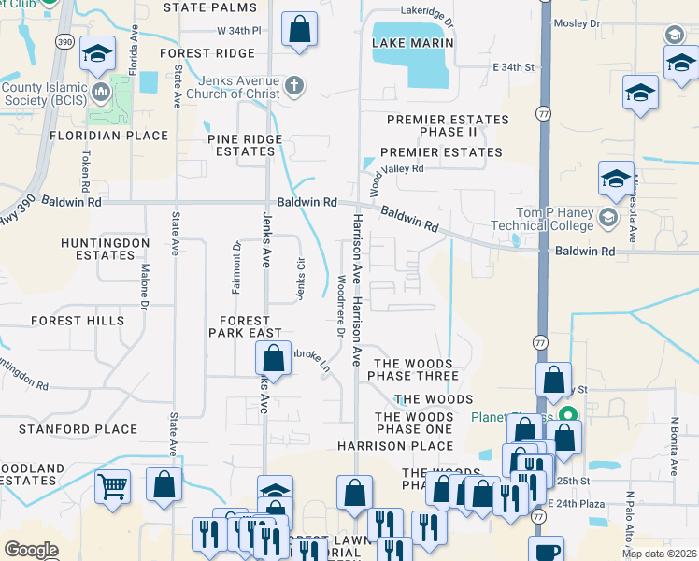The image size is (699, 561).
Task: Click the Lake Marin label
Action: click(412, 43)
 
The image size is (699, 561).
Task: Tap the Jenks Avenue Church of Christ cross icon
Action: click(294, 87)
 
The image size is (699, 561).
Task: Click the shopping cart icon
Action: click(112, 485)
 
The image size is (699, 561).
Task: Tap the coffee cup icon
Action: click(549, 551)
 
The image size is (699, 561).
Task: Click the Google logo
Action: click(31, 550)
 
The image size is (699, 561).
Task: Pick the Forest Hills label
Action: click(77, 320)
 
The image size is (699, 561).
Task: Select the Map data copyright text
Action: click(659, 554)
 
